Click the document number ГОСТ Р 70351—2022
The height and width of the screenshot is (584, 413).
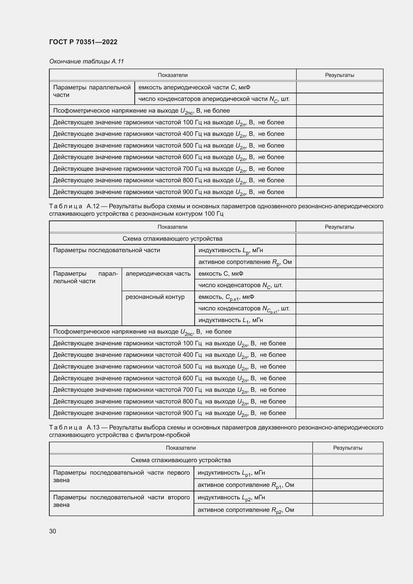[x=83, y=42]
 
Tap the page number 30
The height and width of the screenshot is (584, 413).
[x=52, y=531]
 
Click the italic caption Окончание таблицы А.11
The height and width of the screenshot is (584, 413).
[x=86, y=61]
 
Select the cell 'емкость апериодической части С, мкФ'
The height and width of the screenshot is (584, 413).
[x=194, y=87]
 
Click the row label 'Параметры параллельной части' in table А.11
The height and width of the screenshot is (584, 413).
[x=92, y=91]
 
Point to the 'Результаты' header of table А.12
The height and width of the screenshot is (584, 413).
[x=339, y=227]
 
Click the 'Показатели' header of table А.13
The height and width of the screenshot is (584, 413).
[x=181, y=448]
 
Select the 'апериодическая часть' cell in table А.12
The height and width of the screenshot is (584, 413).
[x=158, y=274]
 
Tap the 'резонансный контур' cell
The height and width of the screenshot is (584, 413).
[x=155, y=297]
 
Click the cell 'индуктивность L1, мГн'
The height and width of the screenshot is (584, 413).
[x=230, y=320]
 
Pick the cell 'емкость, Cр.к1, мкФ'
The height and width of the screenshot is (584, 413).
[x=226, y=297]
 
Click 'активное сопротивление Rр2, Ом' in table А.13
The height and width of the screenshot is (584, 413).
[x=246, y=510]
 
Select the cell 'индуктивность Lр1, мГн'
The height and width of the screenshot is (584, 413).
[x=231, y=473]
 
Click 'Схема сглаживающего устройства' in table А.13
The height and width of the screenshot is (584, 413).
[x=181, y=460]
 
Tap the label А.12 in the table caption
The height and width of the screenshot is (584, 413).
[x=93, y=206]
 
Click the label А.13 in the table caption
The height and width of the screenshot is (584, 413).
[x=93, y=427]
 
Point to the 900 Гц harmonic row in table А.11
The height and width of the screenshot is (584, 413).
[x=168, y=192]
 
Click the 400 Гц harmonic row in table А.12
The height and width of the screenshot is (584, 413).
[x=169, y=355]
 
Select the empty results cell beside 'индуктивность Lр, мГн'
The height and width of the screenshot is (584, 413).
[x=339, y=250]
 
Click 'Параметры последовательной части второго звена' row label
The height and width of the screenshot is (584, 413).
[x=121, y=501]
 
